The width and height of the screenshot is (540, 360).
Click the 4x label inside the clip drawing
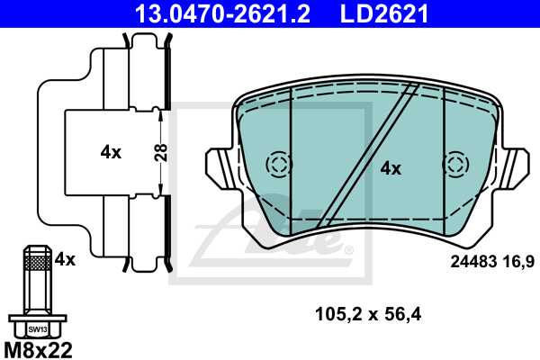[111, 152]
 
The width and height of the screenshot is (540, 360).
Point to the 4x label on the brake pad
[390, 167]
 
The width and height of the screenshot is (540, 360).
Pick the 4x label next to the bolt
[65, 260]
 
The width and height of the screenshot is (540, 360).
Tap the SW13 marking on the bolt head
[36, 329]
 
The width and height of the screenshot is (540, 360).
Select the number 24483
[471, 262]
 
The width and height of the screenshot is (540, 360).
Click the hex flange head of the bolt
[36, 324]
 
